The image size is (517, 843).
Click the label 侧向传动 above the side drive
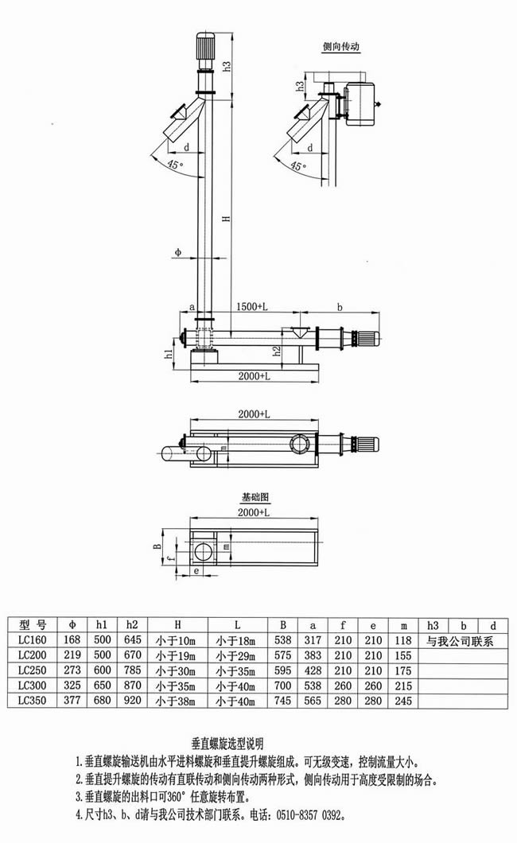tap(340, 47)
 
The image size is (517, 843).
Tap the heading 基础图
tap(255, 497)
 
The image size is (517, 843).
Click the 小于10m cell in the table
tap(177, 640)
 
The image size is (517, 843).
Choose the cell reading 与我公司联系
tap(461, 640)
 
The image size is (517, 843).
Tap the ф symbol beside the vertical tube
tap(177, 253)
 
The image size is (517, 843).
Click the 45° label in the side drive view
tap(296, 165)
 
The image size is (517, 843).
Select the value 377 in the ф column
tap(73, 701)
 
